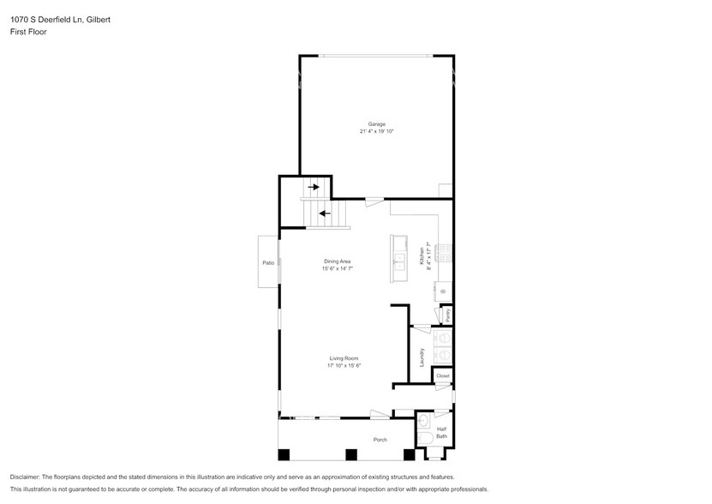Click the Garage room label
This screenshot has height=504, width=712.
377,124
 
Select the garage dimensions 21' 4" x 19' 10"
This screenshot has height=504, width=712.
377,132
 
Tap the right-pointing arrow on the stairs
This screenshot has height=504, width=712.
315,186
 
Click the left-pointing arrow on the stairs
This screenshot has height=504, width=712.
324,213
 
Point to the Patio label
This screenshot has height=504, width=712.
267,262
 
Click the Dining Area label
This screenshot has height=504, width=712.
337,261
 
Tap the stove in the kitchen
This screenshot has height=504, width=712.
444,252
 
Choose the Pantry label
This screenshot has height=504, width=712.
447,315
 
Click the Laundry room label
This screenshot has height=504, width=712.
422,357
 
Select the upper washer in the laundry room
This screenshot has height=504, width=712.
443,338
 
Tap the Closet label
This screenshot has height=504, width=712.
443,375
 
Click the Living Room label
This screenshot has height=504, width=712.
344,358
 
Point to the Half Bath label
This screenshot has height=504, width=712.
441,432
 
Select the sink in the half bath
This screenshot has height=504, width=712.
422,419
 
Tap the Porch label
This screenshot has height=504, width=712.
380,440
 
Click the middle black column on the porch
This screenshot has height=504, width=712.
350,454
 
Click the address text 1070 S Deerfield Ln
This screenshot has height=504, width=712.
48,19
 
